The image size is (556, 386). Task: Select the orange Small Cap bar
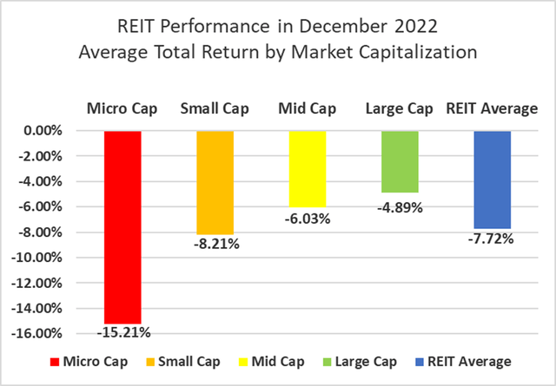coord(215,182)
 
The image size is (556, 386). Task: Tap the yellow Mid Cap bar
coord(307,168)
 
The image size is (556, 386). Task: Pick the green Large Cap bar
coord(400,161)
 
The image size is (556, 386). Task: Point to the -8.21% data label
coord(215,244)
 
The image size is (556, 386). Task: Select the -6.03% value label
coord(308,219)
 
